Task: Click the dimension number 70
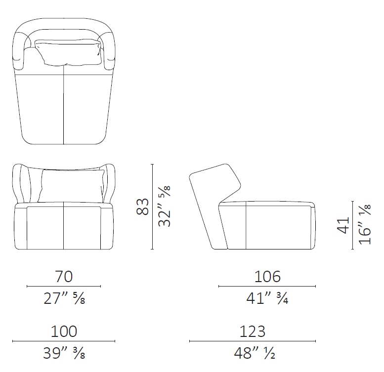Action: click(64, 277)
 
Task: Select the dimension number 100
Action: click(64, 331)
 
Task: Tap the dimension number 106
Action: click(267, 277)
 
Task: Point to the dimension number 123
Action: click(252, 331)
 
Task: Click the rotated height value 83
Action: click(142, 207)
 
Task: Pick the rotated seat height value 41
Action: click(343, 225)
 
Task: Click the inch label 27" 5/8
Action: click(64, 298)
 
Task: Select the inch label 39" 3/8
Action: click(64, 353)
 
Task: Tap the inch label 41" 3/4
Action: click(267, 298)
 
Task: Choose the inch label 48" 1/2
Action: click(255, 353)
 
